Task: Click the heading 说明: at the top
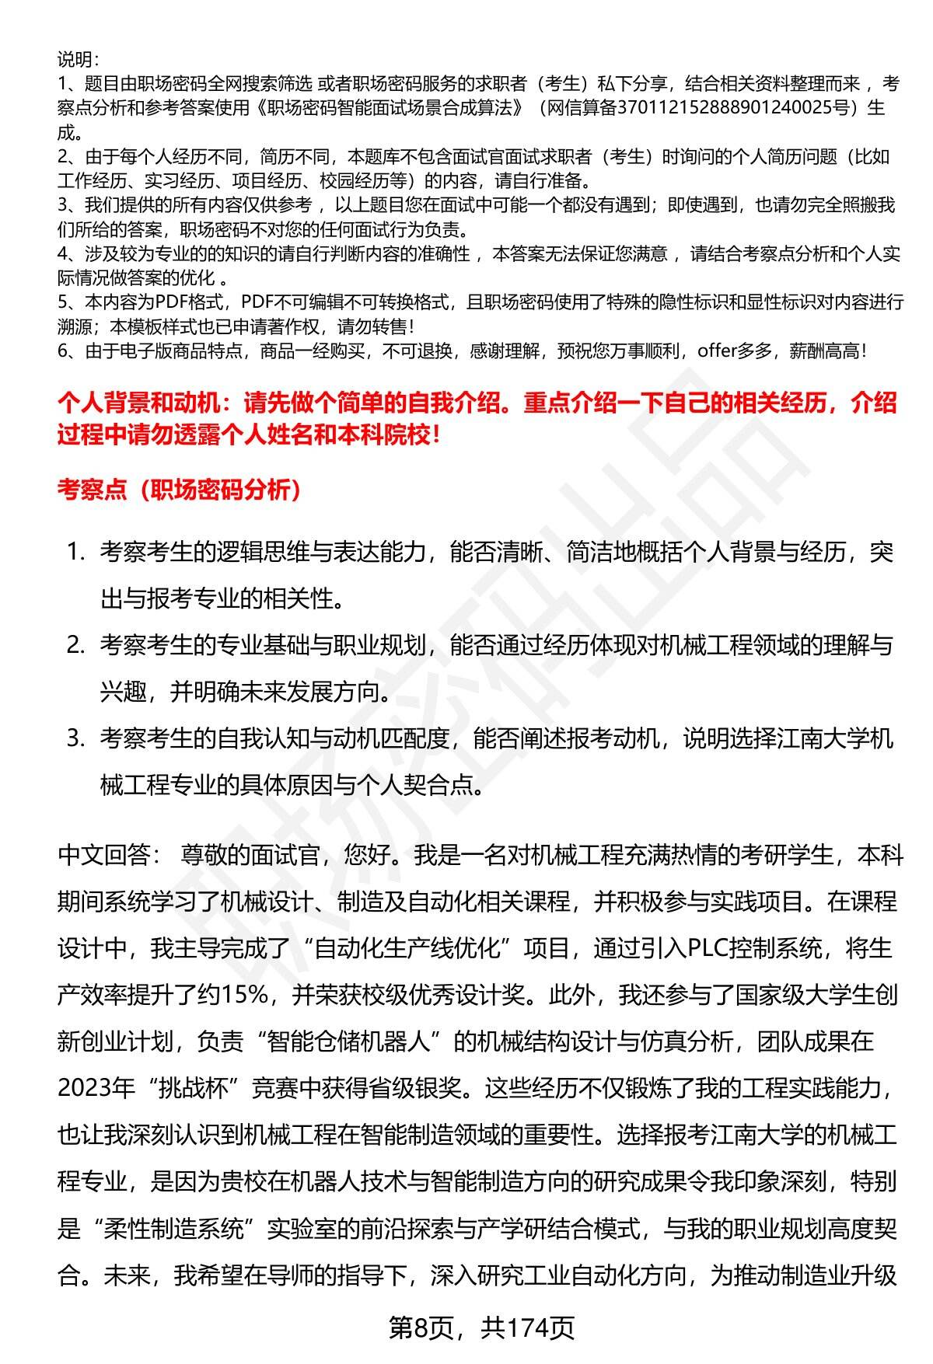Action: point(77,58)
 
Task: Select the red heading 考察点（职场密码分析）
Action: point(180,490)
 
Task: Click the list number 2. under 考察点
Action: point(75,645)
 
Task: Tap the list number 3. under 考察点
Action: point(75,738)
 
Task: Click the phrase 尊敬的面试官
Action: point(249,855)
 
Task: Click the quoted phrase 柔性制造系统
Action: point(174,1230)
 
